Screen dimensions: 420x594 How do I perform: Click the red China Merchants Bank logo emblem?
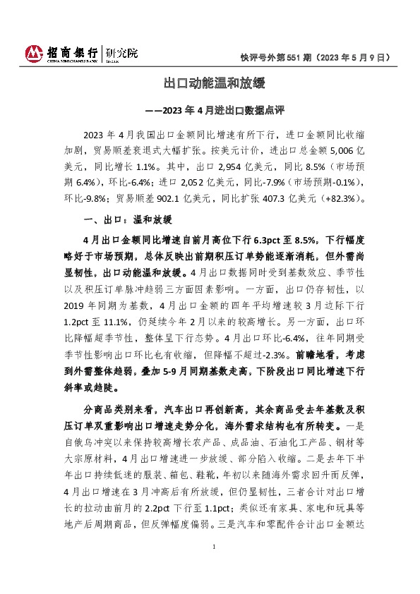(33, 53)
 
